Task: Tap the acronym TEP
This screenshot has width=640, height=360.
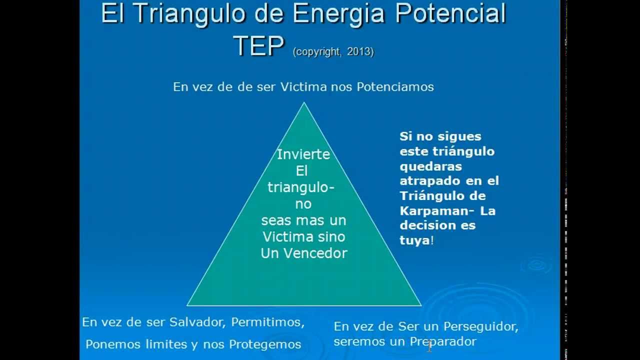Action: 258,46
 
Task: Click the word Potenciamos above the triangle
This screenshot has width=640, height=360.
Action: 395,87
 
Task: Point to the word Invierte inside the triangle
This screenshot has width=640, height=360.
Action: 303,154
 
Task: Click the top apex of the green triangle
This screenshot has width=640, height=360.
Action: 304,103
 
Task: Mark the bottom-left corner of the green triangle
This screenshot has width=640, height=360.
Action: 188,305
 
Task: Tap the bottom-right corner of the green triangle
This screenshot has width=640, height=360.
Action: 420,305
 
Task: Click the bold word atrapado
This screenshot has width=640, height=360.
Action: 428,180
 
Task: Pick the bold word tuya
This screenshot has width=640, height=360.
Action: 414,240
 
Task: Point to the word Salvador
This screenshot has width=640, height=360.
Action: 197,322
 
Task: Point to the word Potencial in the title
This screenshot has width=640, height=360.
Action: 450,14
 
